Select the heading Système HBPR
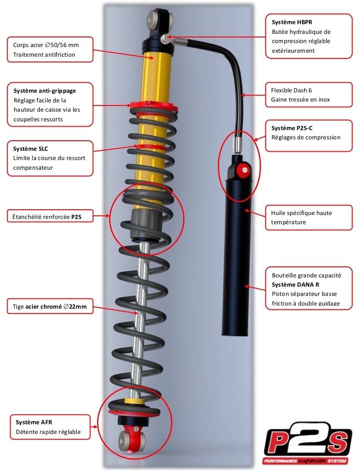pos(292,22)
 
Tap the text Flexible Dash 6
pos(291,90)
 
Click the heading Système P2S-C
pos(292,128)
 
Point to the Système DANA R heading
pos(295,284)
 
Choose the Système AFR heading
pos(34,422)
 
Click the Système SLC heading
pos(31,149)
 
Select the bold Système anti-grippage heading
pos(45,91)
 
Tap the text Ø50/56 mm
pos(62,45)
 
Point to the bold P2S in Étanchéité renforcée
pos(76,217)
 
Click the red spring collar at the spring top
pos(152,106)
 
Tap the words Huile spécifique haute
pos(301,213)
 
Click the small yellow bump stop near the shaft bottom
pos(133,401)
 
